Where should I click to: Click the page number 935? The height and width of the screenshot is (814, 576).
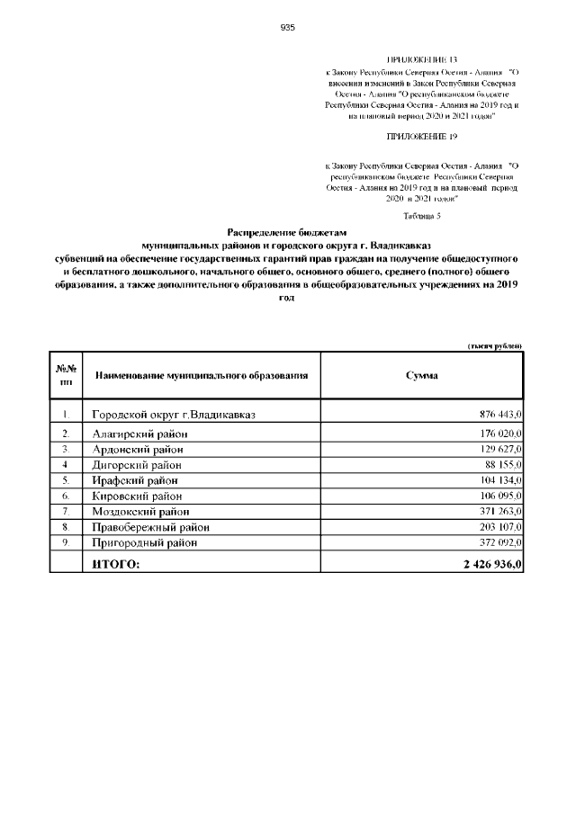click(x=288, y=27)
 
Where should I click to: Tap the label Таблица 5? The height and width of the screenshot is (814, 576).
click(x=422, y=216)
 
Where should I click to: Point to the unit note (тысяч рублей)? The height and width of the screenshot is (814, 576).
click(x=494, y=346)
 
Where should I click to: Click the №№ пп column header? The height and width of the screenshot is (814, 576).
click(x=66, y=374)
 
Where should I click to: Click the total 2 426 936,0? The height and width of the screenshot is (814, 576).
click(x=491, y=563)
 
